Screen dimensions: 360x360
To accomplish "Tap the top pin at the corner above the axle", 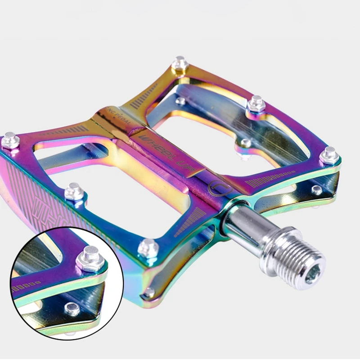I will pos(329,155).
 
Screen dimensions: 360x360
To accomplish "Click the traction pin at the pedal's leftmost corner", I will pos(10,140).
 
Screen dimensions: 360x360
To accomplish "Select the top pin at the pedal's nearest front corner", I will pos(148,247).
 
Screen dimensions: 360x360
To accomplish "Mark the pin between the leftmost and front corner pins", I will pos(74,191).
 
